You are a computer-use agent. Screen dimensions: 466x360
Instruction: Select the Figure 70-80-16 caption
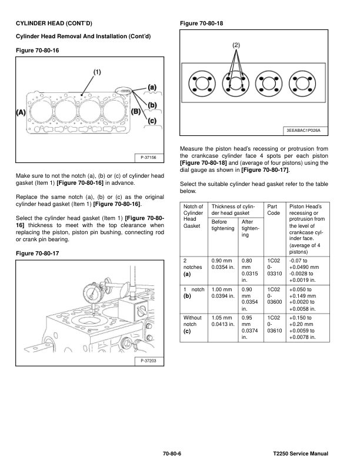pyautogui.click(x=36, y=50)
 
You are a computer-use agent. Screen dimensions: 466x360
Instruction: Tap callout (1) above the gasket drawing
pyautogui.click(x=97, y=72)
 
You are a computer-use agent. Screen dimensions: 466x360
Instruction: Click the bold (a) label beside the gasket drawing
pyautogui.click(x=152, y=86)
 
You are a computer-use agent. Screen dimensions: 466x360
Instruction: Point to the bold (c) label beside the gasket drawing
pyautogui.click(x=152, y=121)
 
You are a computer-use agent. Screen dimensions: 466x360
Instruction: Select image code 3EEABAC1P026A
pyautogui.click(x=306, y=130)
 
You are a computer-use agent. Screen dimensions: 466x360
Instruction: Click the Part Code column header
pyautogui.click(x=274, y=211)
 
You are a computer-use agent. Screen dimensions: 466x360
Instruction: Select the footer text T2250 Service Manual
pyautogui.click(x=300, y=454)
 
